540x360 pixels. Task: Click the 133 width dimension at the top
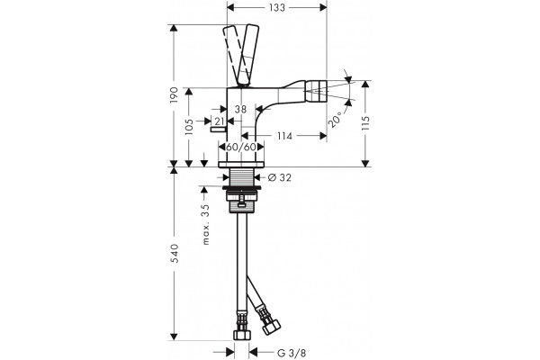[x=277, y=7]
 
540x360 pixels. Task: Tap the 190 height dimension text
[x=175, y=95]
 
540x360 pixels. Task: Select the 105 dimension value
[x=189, y=126]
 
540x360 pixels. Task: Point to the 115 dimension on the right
[x=365, y=123]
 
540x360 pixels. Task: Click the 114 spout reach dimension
[x=284, y=136]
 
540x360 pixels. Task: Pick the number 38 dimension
[x=240, y=109]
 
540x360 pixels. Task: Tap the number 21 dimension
[x=220, y=121]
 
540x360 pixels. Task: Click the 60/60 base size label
[x=241, y=147]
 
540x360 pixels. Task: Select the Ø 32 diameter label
[x=280, y=177]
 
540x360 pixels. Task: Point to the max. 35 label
[x=205, y=224]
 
